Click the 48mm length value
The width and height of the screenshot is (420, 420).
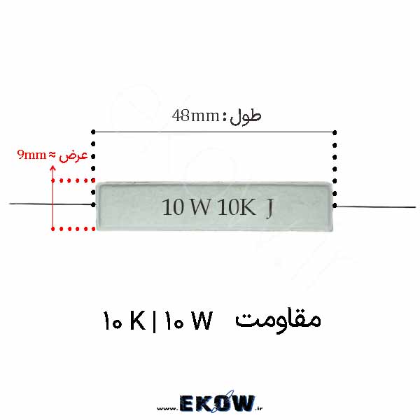tap(196, 116)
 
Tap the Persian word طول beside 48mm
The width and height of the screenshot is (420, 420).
tap(246, 117)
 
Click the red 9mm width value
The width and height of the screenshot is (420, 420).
tap(31, 155)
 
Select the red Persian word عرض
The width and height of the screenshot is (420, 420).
tap(73, 156)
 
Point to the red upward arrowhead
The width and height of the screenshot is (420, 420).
tap(53, 168)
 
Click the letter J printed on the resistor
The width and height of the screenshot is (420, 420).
tap(269, 209)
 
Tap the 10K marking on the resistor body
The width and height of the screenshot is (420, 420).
tap(237, 207)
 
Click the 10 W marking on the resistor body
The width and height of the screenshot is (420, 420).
tap(186, 207)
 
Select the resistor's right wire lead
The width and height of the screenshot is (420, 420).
tap(375, 206)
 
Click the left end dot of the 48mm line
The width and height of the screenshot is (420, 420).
tap(93, 132)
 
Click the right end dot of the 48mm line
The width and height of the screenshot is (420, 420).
tap(335, 132)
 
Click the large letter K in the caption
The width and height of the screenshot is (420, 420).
tap(138, 321)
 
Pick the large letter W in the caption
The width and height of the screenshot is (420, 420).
tap(203, 321)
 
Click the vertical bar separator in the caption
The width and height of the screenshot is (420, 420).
tap(154, 321)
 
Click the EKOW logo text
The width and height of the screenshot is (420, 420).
tap(217, 403)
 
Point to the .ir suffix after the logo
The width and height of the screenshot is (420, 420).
tap(259, 408)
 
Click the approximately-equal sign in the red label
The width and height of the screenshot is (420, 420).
tap(52, 155)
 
